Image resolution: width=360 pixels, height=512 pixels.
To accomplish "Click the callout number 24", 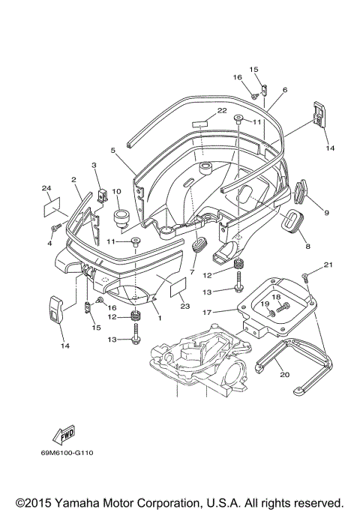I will [46, 187].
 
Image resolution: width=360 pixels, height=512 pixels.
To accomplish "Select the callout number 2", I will [73, 180].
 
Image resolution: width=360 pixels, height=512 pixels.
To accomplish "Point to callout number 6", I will [285, 90].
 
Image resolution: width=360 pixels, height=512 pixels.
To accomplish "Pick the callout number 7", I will [193, 271].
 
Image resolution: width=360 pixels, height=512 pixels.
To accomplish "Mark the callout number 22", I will [222, 110].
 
